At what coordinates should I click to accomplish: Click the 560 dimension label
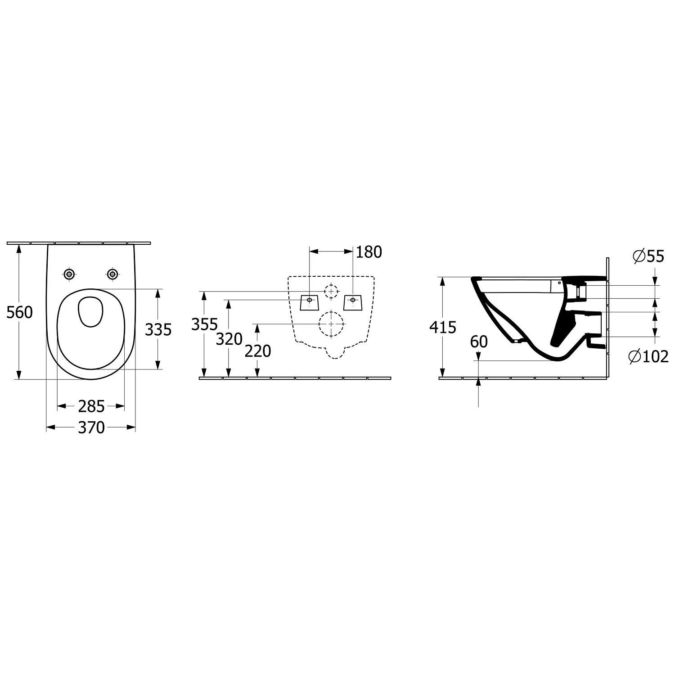(x=20, y=312)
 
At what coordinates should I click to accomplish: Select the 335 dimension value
(x=158, y=330)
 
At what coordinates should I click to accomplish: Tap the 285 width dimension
(x=91, y=406)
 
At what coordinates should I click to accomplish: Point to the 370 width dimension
(x=91, y=427)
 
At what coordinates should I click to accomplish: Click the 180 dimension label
(x=369, y=252)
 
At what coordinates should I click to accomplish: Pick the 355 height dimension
(x=205, y=324)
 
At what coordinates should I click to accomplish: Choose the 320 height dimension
(x=229, y=339)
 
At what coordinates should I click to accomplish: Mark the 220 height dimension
(x=258, y=351)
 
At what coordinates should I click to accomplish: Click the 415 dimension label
(x=443, y=327)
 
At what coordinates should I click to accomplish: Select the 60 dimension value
(x=479, y=342)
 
